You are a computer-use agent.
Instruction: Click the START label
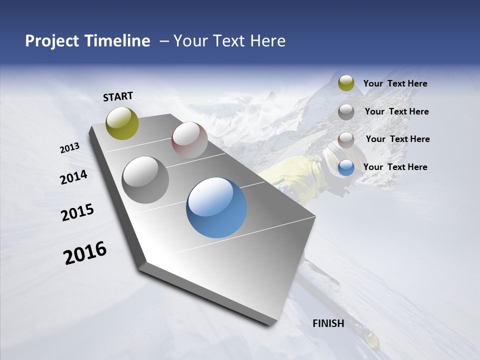118,96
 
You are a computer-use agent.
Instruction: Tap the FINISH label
328,323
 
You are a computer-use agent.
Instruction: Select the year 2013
69,147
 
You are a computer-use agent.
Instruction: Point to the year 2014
73,177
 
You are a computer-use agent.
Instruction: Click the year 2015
77,212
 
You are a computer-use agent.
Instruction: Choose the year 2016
85,253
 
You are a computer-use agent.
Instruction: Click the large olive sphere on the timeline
122,123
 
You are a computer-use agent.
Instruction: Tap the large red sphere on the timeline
189,139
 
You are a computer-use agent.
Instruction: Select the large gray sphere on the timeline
145,179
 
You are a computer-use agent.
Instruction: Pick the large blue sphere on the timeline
216,207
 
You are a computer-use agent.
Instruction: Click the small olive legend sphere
346,83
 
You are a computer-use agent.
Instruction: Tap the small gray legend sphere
346,112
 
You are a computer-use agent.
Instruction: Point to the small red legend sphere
346,140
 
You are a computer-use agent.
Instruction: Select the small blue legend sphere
346,167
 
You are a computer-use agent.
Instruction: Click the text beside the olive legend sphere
395,83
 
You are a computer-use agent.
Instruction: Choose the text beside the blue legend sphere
395,167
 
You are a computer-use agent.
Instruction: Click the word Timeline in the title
117,41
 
